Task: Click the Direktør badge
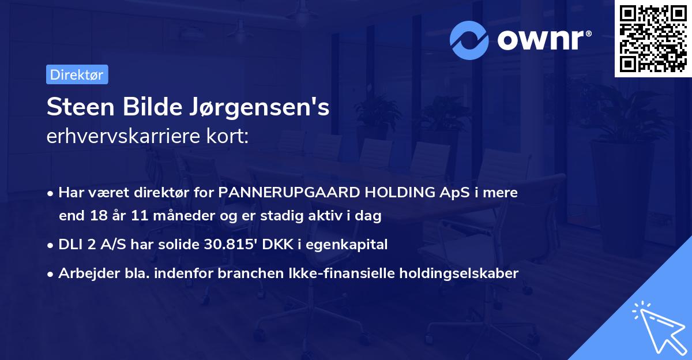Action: point(77,74)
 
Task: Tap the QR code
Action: point(653,39)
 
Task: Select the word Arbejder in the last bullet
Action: point(83,273)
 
